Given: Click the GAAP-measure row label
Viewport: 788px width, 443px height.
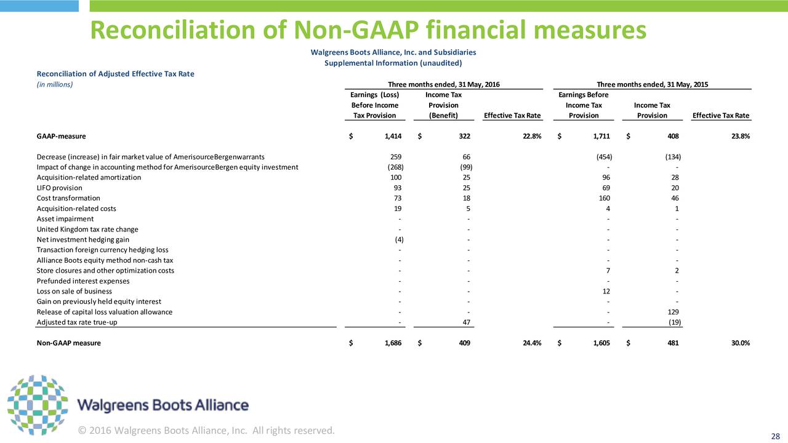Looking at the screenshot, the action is tap(61, 136).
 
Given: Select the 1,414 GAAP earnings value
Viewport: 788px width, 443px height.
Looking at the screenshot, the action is tap(393, 136).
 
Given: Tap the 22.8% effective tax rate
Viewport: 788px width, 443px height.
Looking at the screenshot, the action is tap(532, 136).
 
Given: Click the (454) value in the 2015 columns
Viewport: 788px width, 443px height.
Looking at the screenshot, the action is tap(604, 157).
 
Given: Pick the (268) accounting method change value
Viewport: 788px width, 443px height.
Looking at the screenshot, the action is tap(395, 167).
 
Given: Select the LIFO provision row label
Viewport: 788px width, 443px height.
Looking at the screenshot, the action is tap(60, 188).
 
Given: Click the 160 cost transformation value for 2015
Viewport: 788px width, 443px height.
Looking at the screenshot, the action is tap(605, 198).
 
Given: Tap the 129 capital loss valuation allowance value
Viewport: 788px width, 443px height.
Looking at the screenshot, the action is tap(673, 312).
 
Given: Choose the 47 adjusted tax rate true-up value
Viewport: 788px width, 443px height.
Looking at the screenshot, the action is tap(467, 322).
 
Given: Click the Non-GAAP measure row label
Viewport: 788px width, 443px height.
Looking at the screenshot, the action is tap(68, 343).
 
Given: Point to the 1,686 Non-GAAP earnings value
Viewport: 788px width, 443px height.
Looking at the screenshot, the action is tap(393, 343).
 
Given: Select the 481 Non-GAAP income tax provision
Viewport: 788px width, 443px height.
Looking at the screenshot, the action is tap(673, 343).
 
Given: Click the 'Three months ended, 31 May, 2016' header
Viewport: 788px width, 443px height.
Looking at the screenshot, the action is tap(444, 84).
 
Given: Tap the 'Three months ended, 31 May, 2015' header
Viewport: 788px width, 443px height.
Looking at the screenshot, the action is tap(652, 84).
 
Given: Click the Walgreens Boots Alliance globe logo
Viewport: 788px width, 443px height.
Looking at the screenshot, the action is tap(38, 405).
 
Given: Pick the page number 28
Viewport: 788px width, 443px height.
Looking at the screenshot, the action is tap(775, 436).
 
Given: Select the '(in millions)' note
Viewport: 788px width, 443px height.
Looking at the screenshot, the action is tap(55, 84).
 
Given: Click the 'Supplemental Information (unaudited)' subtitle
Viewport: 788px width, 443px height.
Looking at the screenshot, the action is tap(393, 63).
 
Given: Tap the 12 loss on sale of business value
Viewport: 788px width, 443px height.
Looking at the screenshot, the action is tap(606, 291).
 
